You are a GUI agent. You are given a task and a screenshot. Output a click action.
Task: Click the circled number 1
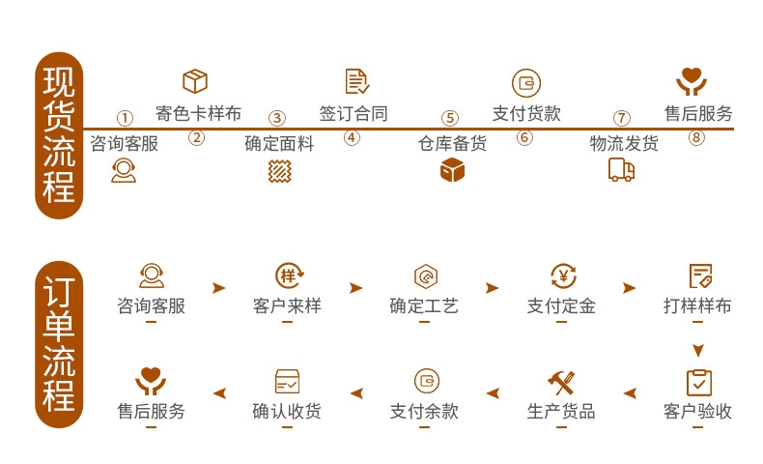(x=125, y=118)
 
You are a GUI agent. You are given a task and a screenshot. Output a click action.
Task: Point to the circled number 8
(x=697, y=137)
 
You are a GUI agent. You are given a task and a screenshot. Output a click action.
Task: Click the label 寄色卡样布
(x=198, y=112)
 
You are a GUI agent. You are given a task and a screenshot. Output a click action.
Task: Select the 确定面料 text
(x=279, y=144)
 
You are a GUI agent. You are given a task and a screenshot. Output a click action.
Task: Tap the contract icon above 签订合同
(x=356, y=81)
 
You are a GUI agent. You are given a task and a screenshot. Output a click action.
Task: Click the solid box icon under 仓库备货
(x=452, y=171)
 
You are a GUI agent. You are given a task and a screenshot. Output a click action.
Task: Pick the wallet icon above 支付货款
(x=525, y=82)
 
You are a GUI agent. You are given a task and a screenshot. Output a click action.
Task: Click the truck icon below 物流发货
(x=622, y=170)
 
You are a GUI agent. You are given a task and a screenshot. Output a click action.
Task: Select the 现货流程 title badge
(x=58, y=135)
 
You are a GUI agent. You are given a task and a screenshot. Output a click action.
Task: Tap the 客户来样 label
(x=287, y=306)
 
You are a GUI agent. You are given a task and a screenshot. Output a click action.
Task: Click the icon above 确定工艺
(x=424, y=276)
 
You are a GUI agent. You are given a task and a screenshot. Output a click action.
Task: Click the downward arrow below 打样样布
(x=698, y=350)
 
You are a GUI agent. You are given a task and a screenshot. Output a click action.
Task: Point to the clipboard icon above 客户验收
(x=698, y=381)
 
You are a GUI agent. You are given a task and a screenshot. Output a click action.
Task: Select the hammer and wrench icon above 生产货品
(x=561, y=381)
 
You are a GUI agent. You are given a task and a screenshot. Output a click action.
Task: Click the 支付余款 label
(x=424, y=411)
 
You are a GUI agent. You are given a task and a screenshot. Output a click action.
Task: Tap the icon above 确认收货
(x=287, y=381)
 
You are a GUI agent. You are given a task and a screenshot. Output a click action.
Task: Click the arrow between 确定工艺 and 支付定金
(x=493, y=288)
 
